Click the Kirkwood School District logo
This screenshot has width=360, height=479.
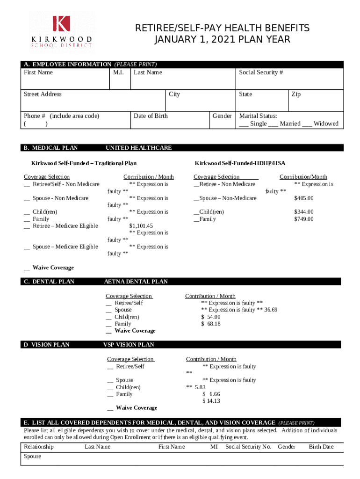pyautogui.click(x=62, y=32)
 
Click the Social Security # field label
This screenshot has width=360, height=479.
pyautogui.click(x=261, y=73)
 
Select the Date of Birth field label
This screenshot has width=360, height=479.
pyautogui.click(x=151, y=116)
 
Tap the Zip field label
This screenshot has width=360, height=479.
pyautogui.click(x=296, y=94)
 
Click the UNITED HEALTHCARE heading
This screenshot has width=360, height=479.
pyautogui.click(x=138, y=148)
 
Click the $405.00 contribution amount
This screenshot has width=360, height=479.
pyautogui.click(x=303, y=198)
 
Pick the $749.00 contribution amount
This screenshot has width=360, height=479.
pyautogui.click(x=303, y=219)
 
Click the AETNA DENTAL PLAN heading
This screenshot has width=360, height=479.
pyautogui.click(x=136, y=282)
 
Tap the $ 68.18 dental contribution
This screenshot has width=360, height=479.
pyautogui.click(x=211, y=324)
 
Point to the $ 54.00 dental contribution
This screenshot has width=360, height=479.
pyautogui.click(x=211, y=317)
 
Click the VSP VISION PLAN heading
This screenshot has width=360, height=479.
pyautogui.click(x=128, y=345)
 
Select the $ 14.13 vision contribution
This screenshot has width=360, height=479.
pyautogui.click(x=211, y=401)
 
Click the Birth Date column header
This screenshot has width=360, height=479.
pyautogui.click(x=321, y=447)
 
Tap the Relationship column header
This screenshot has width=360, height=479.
pyautogui.click(x=39, y=447)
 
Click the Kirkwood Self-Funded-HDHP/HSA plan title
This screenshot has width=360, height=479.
pyautogui.click(x=240, y=163)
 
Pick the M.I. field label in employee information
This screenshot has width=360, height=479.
pyautogui.click(x=118, y=73)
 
